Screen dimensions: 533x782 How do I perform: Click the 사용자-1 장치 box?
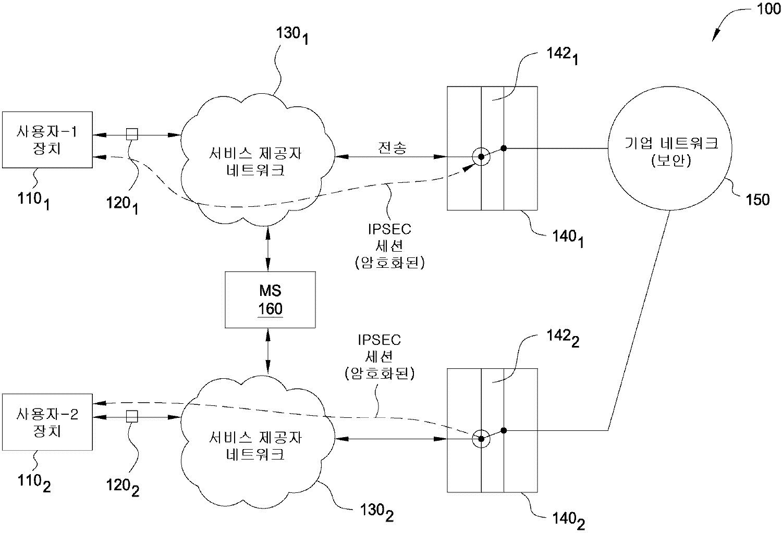coord(47,140)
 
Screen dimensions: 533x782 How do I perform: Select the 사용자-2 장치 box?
coord(47,422)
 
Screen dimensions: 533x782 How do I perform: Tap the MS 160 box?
coord(270,300)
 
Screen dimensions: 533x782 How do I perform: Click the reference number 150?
coord(757,200)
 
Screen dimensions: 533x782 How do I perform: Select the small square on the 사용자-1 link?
coord(132,134)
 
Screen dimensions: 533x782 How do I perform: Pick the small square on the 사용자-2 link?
coord(132,416)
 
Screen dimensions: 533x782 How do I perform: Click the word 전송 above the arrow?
coord(392,148)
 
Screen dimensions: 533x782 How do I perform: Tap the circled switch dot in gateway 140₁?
coord(481,156)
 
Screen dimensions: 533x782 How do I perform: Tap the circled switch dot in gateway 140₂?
coord(481,439)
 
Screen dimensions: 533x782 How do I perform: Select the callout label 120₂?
coord(123,487)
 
